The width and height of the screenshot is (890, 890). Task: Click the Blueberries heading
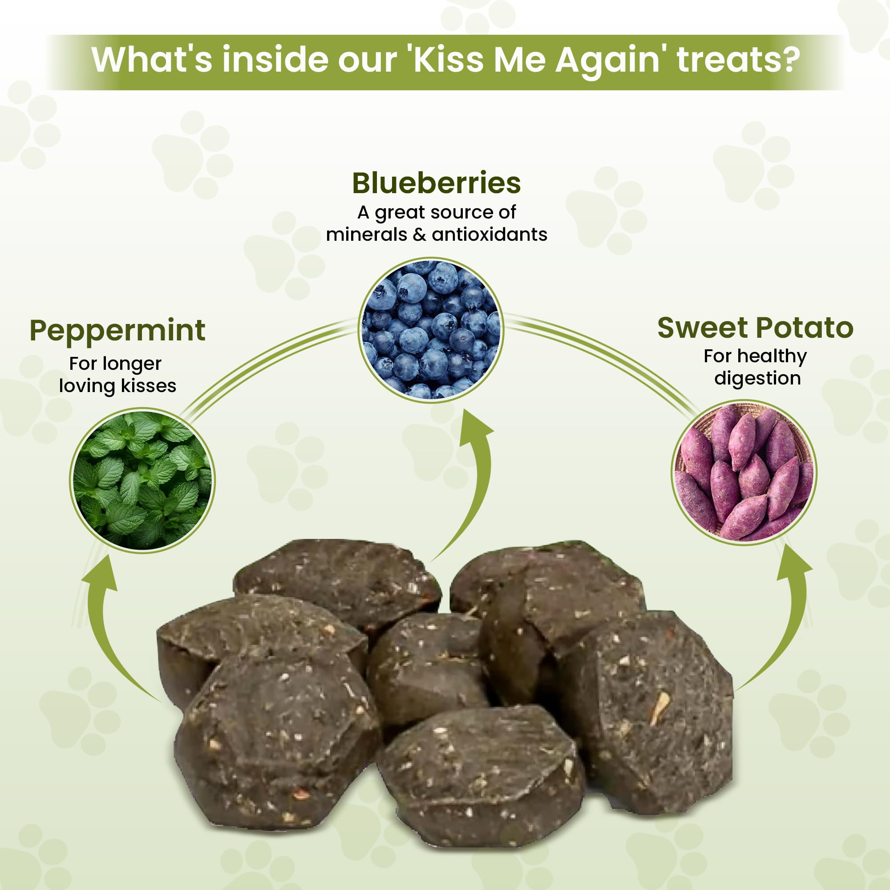pos(436,183)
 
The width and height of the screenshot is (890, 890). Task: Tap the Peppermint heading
pos(117,331)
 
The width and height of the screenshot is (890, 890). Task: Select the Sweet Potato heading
pos(756,328)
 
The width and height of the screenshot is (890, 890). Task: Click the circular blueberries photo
pos(431,330)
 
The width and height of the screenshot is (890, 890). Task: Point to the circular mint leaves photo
pos(142,481)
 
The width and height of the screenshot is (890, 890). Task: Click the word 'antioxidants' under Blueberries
pos(489,235)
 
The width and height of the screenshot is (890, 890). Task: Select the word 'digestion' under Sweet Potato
pos(757,378)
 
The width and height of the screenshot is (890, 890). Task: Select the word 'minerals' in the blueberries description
pos(367,235)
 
